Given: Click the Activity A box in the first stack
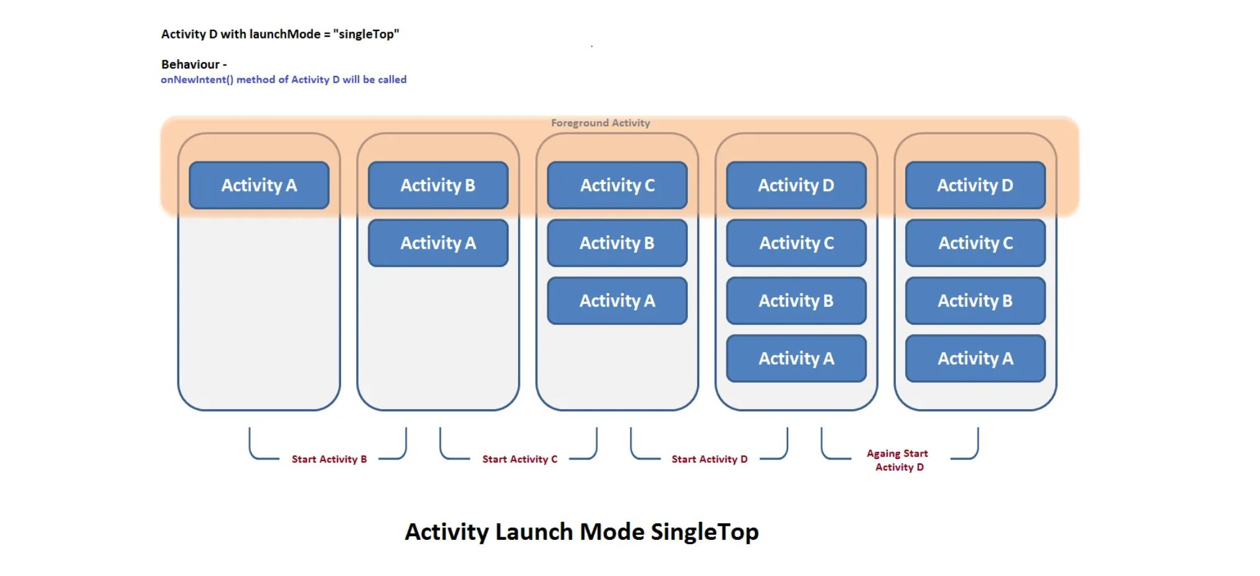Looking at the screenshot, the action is tap(259, 185).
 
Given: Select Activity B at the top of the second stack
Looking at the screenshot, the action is tap(438, 185).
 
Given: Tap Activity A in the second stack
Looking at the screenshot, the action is tap(438, 243).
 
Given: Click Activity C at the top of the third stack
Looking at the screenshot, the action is tap(618, 185).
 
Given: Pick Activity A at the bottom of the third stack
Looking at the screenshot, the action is tap(618, 301).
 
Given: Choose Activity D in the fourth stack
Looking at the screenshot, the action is tap(796, 185).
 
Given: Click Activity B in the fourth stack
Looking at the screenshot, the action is tap(796, 301).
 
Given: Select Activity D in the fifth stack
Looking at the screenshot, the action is tap(976, 185).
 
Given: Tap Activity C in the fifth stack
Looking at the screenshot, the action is tap(976, 243).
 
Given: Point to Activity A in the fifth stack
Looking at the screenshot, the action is tap(976, 359).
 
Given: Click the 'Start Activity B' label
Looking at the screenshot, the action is tap(329, 459).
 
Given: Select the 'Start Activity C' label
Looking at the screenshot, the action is tap(520, 459).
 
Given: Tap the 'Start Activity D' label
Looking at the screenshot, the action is tap(710, 459).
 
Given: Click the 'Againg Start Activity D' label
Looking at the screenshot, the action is tap(898, 460).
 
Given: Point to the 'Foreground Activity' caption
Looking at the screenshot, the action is tap(601, 123).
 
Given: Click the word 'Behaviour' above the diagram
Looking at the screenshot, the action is tap(190, 64).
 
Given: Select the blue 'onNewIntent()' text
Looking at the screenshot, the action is tap(197, 80).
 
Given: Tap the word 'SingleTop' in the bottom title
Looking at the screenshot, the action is tap(705, 532).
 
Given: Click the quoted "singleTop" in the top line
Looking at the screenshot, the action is tap(366, 34).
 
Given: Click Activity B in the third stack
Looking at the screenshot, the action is tap(618, 243).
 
